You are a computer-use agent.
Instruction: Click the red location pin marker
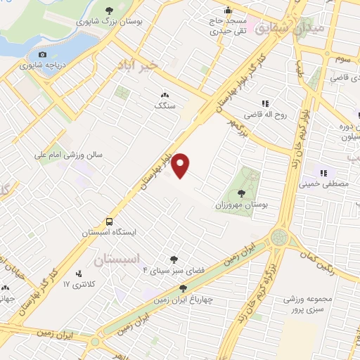tap(181, 165)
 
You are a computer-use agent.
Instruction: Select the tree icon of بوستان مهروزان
tap(241, 193)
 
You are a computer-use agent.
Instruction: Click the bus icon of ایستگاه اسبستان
tap(110, 219)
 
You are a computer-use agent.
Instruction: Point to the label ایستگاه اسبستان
tap(108, 231)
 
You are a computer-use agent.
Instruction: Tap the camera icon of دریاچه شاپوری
tap(42, 55)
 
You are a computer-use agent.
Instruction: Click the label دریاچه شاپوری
tap(42, 66)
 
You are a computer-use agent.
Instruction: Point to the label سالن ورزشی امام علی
tap(71, 153)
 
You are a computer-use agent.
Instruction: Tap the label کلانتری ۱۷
tap(78, 284)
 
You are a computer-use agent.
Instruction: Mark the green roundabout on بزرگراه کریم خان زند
tap(280, 238)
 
